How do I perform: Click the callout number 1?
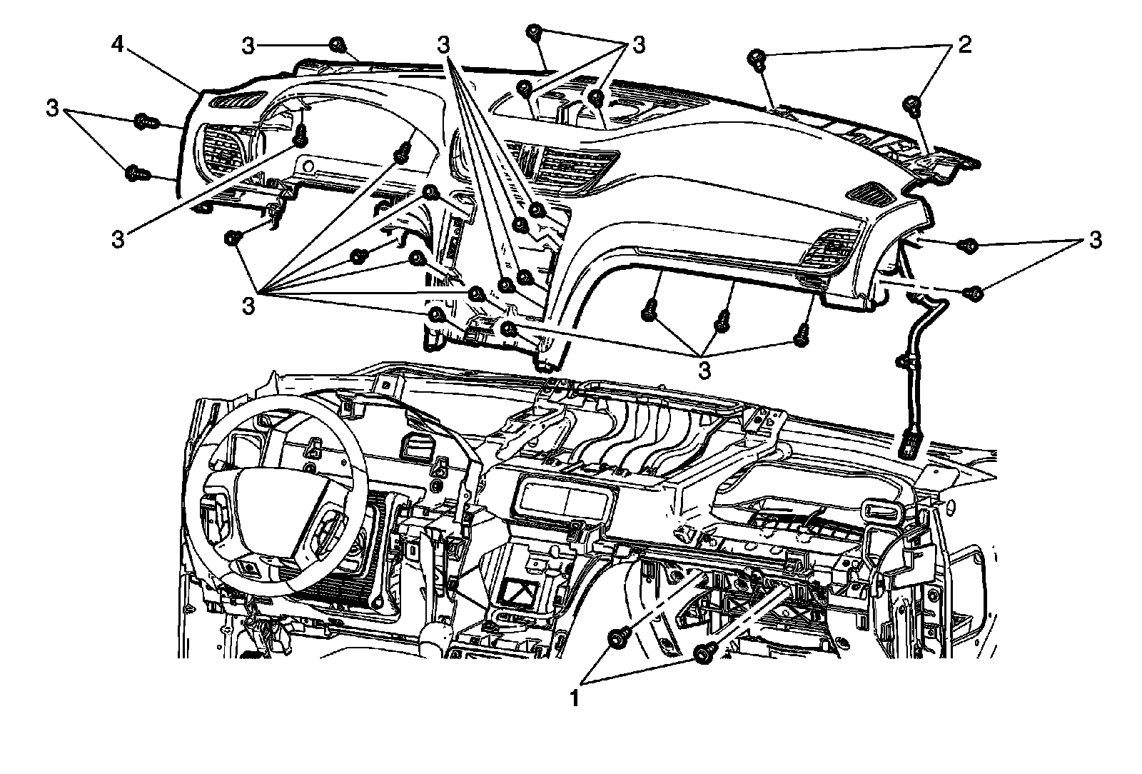(x=573, y=696)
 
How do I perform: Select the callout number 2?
(x=964, y=46)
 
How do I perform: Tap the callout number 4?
(x=119, y=46)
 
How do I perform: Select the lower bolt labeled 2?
(x=911, y=104)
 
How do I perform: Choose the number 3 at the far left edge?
(x=52, y=109)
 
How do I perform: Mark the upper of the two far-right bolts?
(x=969, y=246)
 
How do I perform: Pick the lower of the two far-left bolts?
(x=134, y=173)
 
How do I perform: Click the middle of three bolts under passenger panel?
(x=723, y=321)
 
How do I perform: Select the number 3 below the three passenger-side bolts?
(x=704, y=370)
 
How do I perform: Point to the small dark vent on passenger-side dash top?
(x=870, y=191)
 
